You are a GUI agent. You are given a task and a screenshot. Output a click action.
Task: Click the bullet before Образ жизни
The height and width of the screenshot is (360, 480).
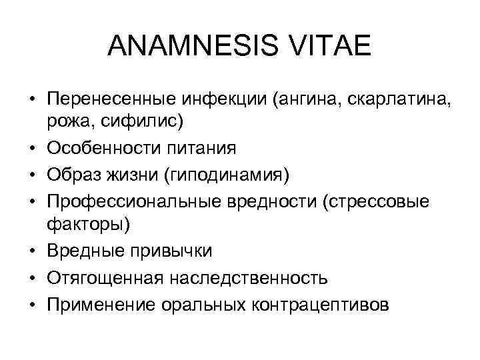pyautogui.click(x=32, y=174)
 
